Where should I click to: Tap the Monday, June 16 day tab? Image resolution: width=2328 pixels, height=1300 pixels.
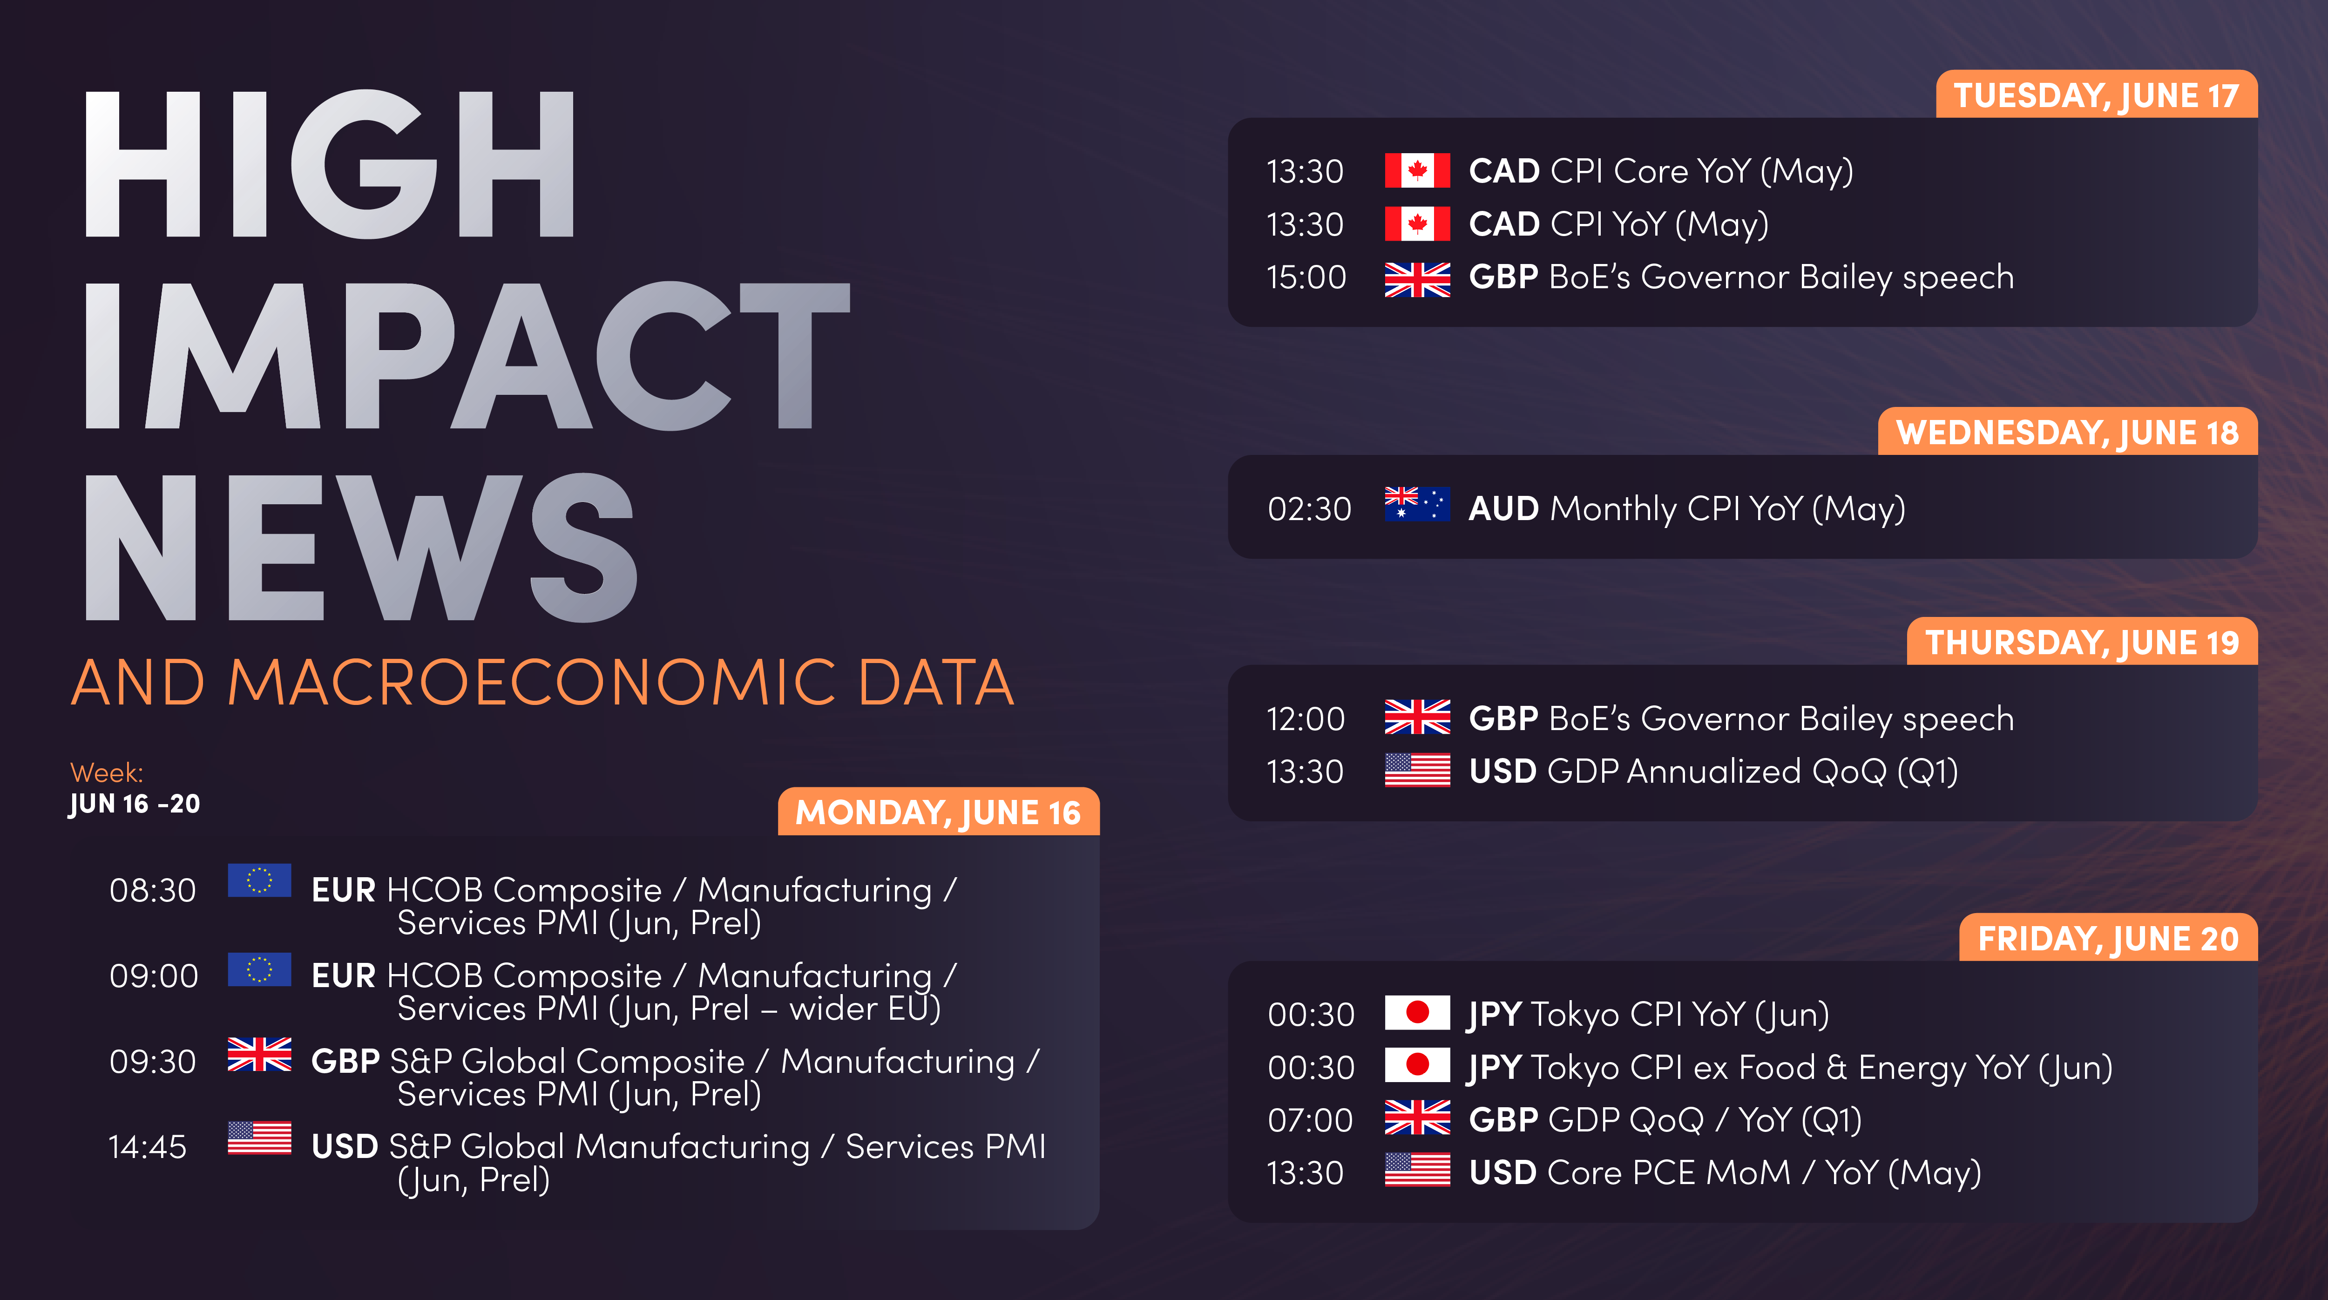(x=938, y=812)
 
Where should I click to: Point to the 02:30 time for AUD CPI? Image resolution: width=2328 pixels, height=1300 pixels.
(x=1309, y=509)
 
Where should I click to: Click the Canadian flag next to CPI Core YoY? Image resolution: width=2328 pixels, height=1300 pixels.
(x=1417, y=170)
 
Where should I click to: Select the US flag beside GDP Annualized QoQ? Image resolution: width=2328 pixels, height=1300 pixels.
(x=1417, y=770)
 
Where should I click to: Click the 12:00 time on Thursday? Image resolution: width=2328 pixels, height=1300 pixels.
(x=1305, y=719)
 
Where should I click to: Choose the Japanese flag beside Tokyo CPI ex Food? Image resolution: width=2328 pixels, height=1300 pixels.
(x=1417, y=1065)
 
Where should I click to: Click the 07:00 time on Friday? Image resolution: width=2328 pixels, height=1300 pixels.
(x=1309, y=1120)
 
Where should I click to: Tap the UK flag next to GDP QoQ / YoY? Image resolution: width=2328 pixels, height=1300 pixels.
(x=1417, y=1117)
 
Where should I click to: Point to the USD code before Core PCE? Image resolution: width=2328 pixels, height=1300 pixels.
(x=1502, y=1172)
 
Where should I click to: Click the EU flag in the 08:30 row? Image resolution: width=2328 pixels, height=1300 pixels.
(x=259, y=880)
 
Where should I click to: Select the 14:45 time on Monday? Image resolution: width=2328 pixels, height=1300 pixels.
(x=147, y=1147)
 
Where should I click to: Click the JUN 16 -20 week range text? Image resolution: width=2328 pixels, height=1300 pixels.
(x=135, y=804)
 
